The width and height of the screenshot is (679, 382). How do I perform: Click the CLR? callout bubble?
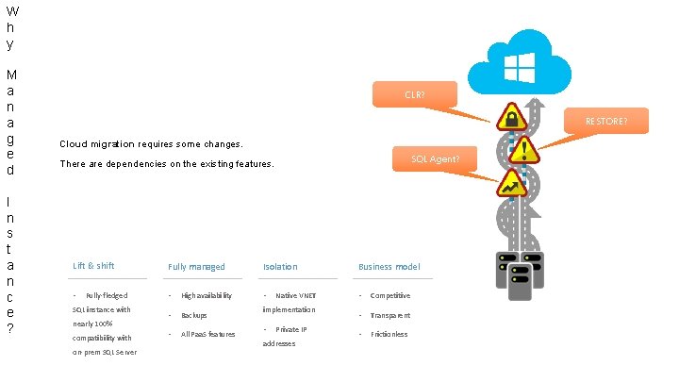pos(414,94)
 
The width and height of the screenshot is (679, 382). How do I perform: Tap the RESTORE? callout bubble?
pos(604,121)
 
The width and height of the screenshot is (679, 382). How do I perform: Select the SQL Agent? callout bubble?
pos(435,158)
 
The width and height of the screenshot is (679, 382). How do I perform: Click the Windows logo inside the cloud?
pos(520,66)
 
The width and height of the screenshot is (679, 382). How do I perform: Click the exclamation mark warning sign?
pos(523,149)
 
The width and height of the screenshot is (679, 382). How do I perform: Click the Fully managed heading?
pos(196,267)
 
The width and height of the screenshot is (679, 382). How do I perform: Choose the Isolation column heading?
pos(280,267)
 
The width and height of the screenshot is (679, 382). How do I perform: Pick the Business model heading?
pos(389,267)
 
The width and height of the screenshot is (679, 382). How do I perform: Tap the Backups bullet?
pos(194,315)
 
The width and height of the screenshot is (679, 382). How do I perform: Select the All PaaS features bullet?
pos(208,335)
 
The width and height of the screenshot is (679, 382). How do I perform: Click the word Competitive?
pos(390,296)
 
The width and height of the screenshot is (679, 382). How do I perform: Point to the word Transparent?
pos(390,315)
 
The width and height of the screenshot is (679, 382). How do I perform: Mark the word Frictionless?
pos(389,335)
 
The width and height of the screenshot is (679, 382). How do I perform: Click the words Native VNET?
pos(295,296)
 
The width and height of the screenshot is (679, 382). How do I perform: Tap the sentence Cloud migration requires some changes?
pos(151,144)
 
